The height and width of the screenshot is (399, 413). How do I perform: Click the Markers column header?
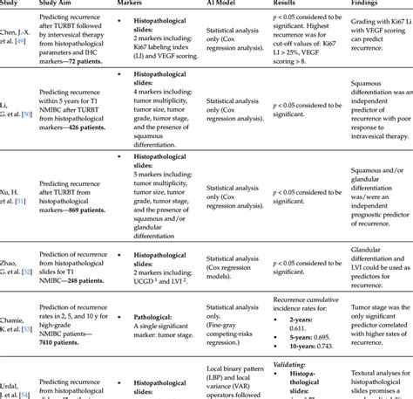[132, 3]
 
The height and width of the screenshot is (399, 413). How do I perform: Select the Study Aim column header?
[53, 3]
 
